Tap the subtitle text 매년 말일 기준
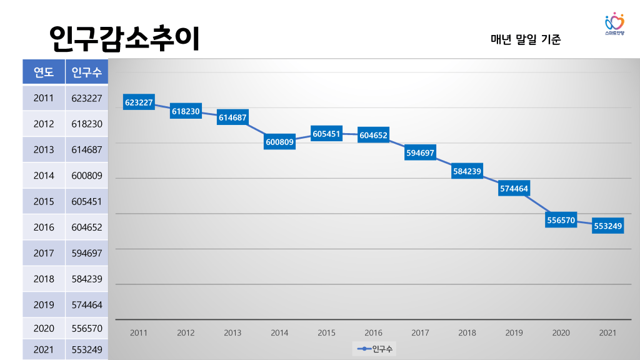(x=526, y=39)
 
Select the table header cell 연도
(x=44, y=72)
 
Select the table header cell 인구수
(x=87, y=72)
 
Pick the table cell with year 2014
(x=44, y=176)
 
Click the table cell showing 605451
(x=87, y=202)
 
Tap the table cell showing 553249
(x=87, y=349)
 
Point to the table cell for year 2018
(x=44, y=279)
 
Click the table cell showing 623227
(x=87, y=98)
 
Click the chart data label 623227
(x=139, y=102)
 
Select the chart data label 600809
(x=280, y=142)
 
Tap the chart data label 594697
(x=420, y=152)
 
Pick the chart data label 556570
(x=561, y=220)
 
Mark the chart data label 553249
(x=607, y=226)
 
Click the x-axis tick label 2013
(x=232, y=333)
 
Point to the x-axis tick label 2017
(x=420, y=333)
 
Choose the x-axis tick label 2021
(x=607, y=333)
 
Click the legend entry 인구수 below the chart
(x=376, y=349)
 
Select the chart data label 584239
(x=467, y=171)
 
